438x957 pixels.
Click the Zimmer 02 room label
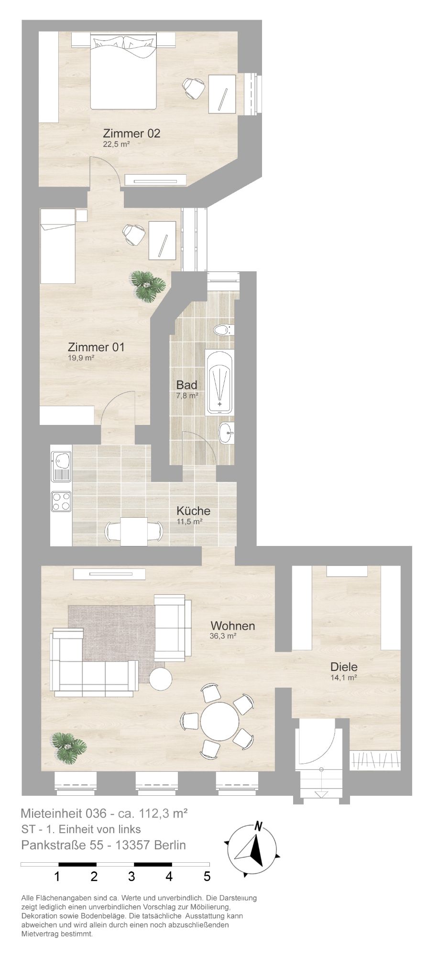pyautogui.click(x=131, y=134)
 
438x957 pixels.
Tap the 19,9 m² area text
pyautogui.click(x=81, y=357)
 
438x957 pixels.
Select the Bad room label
pyautogui.click(x=186, y=385)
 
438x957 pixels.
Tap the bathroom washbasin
pyautogui.click(x=226, y=434)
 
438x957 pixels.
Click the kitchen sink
pyautogui.click(x=61, y=466)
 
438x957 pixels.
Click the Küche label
pyautogui.click(x=193, y=511)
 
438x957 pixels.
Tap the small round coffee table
pyautogui.click(x=161, y=679)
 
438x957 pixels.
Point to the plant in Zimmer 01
pyautogui.click(x=149, y=285)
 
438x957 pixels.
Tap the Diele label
pyautogui.click(x=344, y=667)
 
